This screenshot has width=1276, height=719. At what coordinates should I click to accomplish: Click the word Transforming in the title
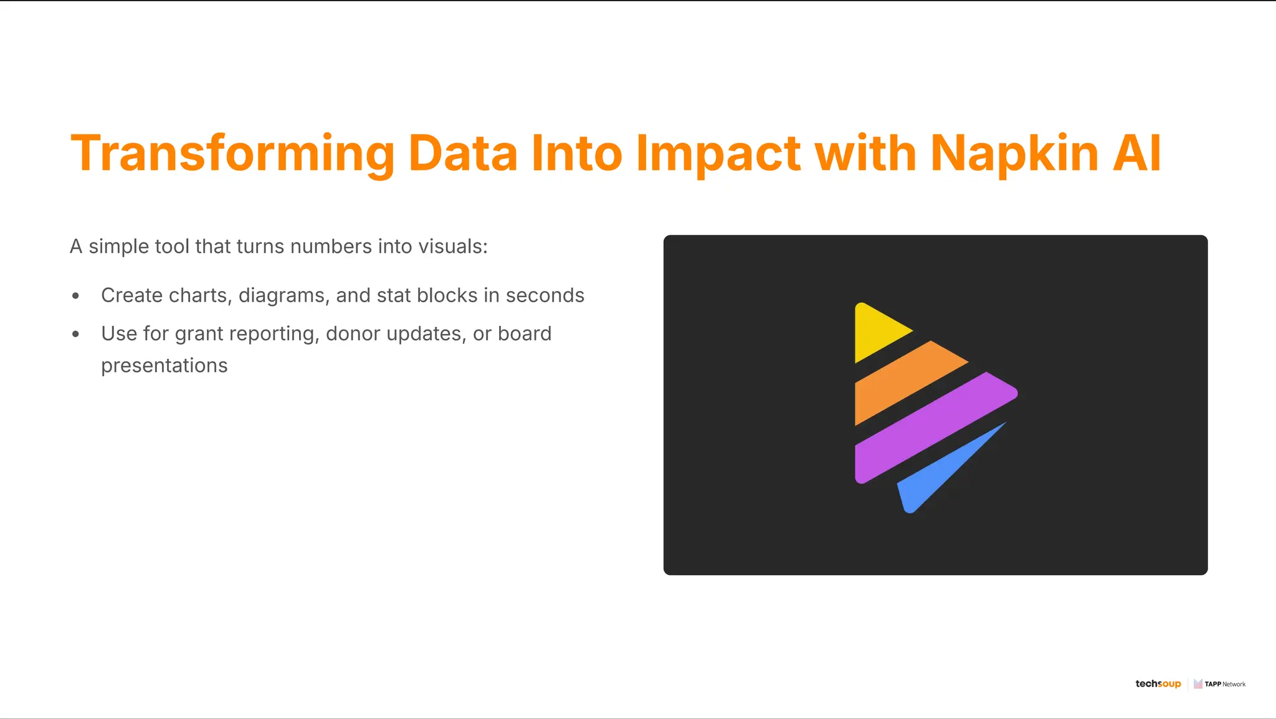click(232, 153)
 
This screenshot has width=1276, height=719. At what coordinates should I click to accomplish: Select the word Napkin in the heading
click(1014, 153)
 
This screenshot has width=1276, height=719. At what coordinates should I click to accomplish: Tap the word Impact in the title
click(718, 153)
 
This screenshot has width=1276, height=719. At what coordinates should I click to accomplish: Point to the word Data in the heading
click(463, 153)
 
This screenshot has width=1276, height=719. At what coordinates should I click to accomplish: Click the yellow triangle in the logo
click(876, 331)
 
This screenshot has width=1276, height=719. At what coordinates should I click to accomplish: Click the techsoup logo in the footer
click(1158, 683)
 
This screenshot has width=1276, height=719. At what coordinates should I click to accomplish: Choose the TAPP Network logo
click(1219, 683)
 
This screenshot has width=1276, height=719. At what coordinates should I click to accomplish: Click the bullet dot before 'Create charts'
click(76, 296)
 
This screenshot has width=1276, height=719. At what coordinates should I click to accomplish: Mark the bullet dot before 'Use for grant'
click(76, 335)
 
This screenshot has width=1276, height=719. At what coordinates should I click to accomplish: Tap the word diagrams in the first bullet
click(283, 295)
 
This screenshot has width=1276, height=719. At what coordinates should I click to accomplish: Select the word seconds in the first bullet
click(545, 295)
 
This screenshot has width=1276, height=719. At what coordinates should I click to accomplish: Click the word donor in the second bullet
click(353, 334)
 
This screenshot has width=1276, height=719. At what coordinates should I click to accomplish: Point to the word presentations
click(164, 366)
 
